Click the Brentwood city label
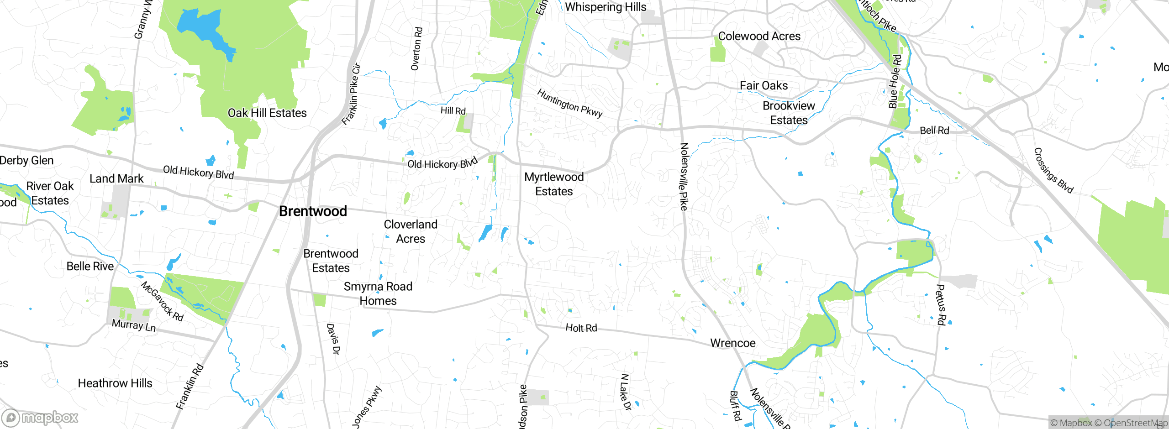313,211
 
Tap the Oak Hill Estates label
267,113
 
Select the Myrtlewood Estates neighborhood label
554,184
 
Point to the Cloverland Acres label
411,231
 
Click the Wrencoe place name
732,343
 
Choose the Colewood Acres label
759,36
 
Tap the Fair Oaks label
764,85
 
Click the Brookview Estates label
789,113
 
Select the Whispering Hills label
606,7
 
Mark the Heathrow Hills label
115,383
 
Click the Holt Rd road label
581,328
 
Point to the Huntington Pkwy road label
569,103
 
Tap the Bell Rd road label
934,130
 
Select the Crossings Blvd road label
1053,170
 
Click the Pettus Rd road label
941,304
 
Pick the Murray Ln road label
134,325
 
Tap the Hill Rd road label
453,110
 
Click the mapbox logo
40,417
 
